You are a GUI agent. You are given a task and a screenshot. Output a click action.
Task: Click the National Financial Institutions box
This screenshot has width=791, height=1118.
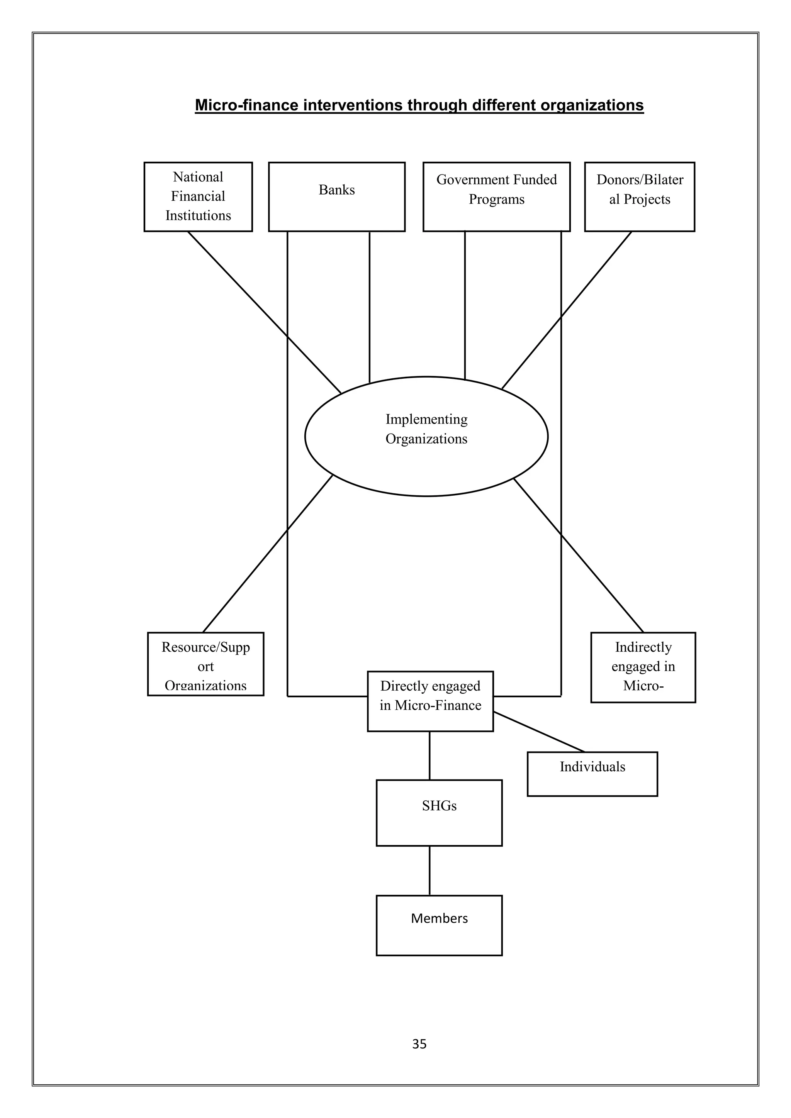click(x=198, y=197)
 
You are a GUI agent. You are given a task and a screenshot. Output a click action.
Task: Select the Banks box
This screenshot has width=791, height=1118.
click(x=336, y=197)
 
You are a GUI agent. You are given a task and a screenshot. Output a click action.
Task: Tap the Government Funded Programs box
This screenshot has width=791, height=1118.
click(x=496, y=197)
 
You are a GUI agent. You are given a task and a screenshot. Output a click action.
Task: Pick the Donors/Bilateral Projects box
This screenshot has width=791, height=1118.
click(x=639, y=197)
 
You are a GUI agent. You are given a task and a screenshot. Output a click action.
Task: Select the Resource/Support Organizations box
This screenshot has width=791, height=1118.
click(x=205, y=664)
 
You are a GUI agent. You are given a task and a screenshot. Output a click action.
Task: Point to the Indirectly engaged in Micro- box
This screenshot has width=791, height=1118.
click(x=643, y=667)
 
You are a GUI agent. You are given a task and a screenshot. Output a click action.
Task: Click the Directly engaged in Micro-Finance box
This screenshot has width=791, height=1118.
click(x=430, y=701)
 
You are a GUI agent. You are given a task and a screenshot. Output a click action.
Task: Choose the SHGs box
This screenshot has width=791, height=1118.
click(x=439, y=813)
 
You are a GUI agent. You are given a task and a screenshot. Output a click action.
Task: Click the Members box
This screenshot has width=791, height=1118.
click(x=439, y=925)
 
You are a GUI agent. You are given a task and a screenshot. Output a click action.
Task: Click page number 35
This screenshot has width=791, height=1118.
click(x=419, y=1044)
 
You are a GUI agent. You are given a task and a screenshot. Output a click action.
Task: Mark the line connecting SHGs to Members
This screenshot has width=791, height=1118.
click(x=429, y=871)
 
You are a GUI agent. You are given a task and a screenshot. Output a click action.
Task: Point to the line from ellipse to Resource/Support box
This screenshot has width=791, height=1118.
click(x=268, y=553)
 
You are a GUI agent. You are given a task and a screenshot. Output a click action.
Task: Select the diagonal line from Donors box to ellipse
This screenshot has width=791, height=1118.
click(x=567, y=310)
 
